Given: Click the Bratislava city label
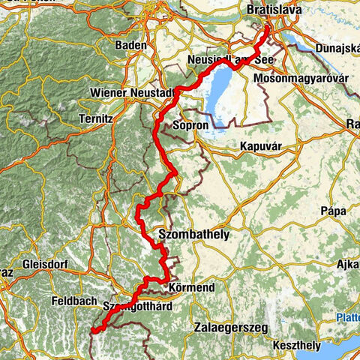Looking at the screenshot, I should click(x=275, y=10).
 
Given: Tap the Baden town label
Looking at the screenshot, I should click(x=130, y=46).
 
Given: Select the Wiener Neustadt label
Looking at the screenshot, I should click(x=132, y=91).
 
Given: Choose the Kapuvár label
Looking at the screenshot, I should click(x=262, y=146).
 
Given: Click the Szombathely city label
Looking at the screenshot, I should click(x=193, y=235).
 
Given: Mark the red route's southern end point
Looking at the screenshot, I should click(x=92, y=329).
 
